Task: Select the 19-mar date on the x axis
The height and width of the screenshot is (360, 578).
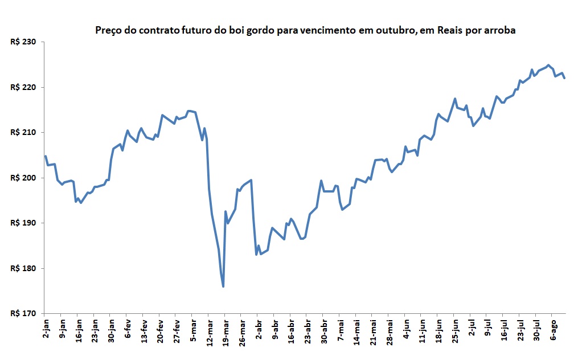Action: pyautogui.click(x=226, y=333)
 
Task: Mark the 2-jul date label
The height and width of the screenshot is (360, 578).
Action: pyautogui.click(x=472, y=329)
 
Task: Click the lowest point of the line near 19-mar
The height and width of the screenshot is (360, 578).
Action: pyautogui.click(x=223, y=287)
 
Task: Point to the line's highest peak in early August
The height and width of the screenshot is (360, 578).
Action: pyautogui.click(x=548, y=65)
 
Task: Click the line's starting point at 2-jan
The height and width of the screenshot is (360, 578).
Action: pyautogui.click(x=46, y=156)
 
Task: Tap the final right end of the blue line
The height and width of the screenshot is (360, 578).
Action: pyautogui.click(x=564, y=78)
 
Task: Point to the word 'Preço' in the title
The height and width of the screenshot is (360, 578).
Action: pyautogui.click(x=108, y=30)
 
